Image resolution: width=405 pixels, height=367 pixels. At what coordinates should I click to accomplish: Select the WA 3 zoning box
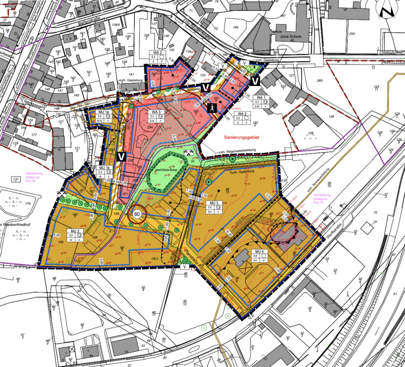(157, 119)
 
